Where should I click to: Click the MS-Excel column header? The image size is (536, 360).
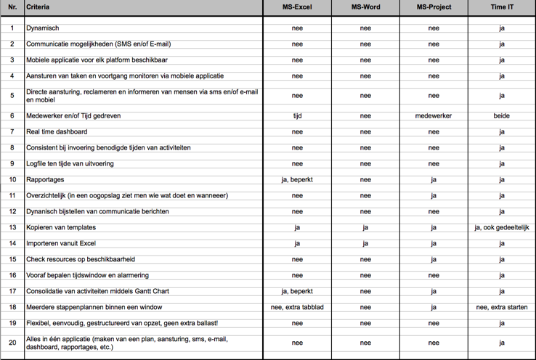tap(297, 7)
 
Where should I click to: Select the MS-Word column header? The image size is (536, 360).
tap(365, 7)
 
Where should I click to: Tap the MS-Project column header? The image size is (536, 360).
tap(434, 7)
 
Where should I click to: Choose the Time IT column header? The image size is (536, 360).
tap(502, 7)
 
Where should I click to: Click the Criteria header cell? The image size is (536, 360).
tap(38, 7)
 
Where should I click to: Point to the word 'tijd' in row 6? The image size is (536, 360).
tap(297, 115)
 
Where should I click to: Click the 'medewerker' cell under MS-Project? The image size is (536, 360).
tap(434, 115)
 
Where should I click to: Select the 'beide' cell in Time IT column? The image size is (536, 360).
tap(502, 115)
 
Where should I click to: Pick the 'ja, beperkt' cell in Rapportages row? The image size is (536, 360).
tap(297, 179)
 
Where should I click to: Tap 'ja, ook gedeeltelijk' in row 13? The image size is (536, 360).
tap(502, 227)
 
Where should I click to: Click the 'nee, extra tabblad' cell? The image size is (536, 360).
tap(297, 307)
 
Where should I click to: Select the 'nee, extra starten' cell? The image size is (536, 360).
tap(502, 307)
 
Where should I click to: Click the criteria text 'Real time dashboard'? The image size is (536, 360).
tap(57, 131)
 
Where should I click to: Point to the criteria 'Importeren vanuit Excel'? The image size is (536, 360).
tap(61, 243)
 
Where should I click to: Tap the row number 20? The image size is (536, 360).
tap(12, 343)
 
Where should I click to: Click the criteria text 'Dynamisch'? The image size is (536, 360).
tap(42, 28)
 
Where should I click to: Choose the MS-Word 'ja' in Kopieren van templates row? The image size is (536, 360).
tap(365, 227)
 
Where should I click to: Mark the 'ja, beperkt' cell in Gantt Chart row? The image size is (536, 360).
tap(297, 291)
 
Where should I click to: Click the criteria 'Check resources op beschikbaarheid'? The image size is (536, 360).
tap(81, 259)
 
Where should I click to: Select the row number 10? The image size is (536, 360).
tap(12, 179)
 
